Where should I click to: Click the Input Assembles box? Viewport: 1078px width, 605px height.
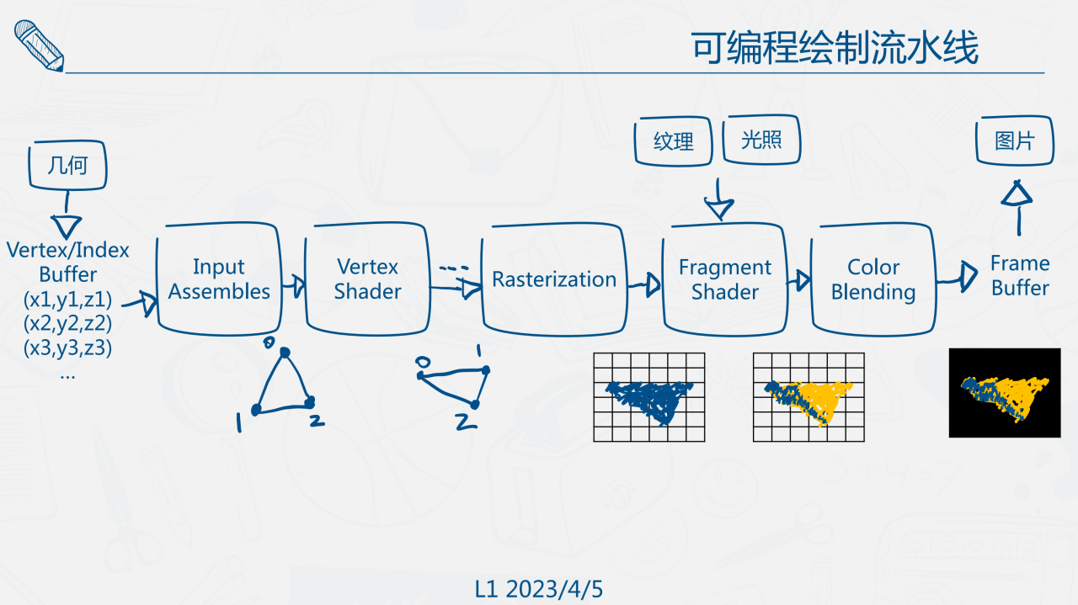click(x=218, y=279)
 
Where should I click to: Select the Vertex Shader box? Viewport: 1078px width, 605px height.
click(x=367, y=279)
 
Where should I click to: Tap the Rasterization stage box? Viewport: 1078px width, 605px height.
click(x=553, y=279)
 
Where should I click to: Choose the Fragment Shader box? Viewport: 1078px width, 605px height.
click(x=724, y=279)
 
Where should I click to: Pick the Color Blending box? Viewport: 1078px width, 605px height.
click(x=873, y=279)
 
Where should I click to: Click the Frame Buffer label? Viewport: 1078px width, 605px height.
click(x=1020, y=276)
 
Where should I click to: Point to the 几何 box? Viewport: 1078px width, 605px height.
click(x=67, y=165)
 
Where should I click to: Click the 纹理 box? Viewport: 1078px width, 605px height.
click(x=674, y=141)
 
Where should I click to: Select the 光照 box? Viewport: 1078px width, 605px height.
click(x=761, y=140)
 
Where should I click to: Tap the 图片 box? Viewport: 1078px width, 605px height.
click(x=1015, y=141)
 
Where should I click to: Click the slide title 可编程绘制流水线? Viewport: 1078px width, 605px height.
click(x=835, y=49)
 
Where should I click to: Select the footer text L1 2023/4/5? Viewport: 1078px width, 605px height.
click(x=539, y=589)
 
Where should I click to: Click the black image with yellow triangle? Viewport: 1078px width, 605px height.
click(x=1004, y=393)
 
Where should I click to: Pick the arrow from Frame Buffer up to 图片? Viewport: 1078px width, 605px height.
click(x=1017, y=205)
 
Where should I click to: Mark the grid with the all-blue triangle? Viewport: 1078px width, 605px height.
click(x=648, y=397)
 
